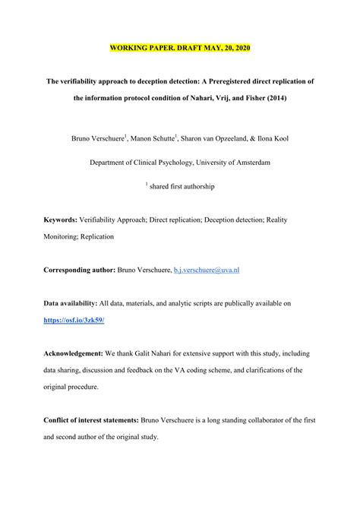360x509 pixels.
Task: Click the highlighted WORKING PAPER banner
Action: pos(179,49)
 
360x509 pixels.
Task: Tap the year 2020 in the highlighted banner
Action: pos(237,49)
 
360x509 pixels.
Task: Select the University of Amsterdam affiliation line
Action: pos(179,162)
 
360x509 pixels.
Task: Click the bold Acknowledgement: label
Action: pos(79,354)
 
